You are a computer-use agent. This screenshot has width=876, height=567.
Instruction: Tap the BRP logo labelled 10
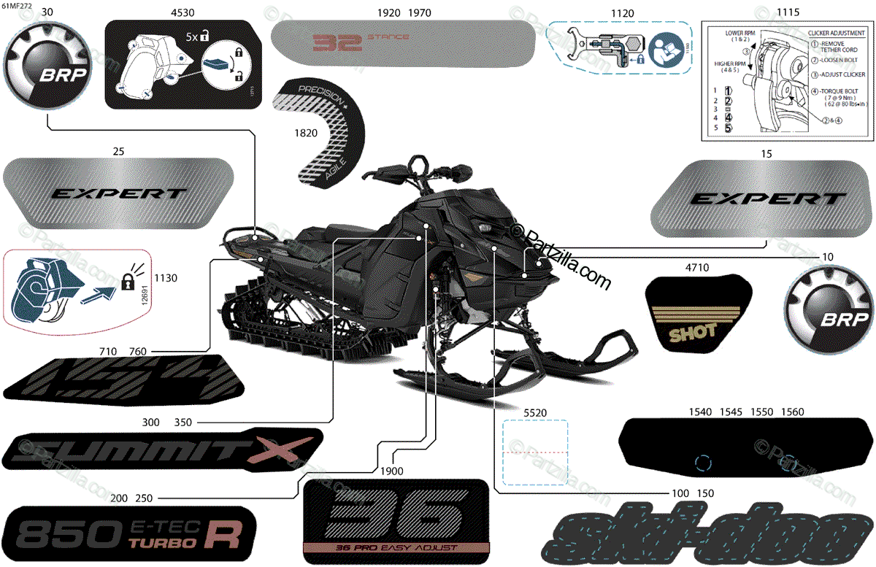[829, 310]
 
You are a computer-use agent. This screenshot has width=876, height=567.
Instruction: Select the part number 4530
[182, 13]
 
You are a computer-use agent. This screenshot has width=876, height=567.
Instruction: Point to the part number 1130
[166, 278]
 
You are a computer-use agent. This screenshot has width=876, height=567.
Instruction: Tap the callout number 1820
[306, 134]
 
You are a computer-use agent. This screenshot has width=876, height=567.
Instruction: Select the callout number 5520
[535, 413]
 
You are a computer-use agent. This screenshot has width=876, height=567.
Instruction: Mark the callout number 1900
[392, 471]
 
